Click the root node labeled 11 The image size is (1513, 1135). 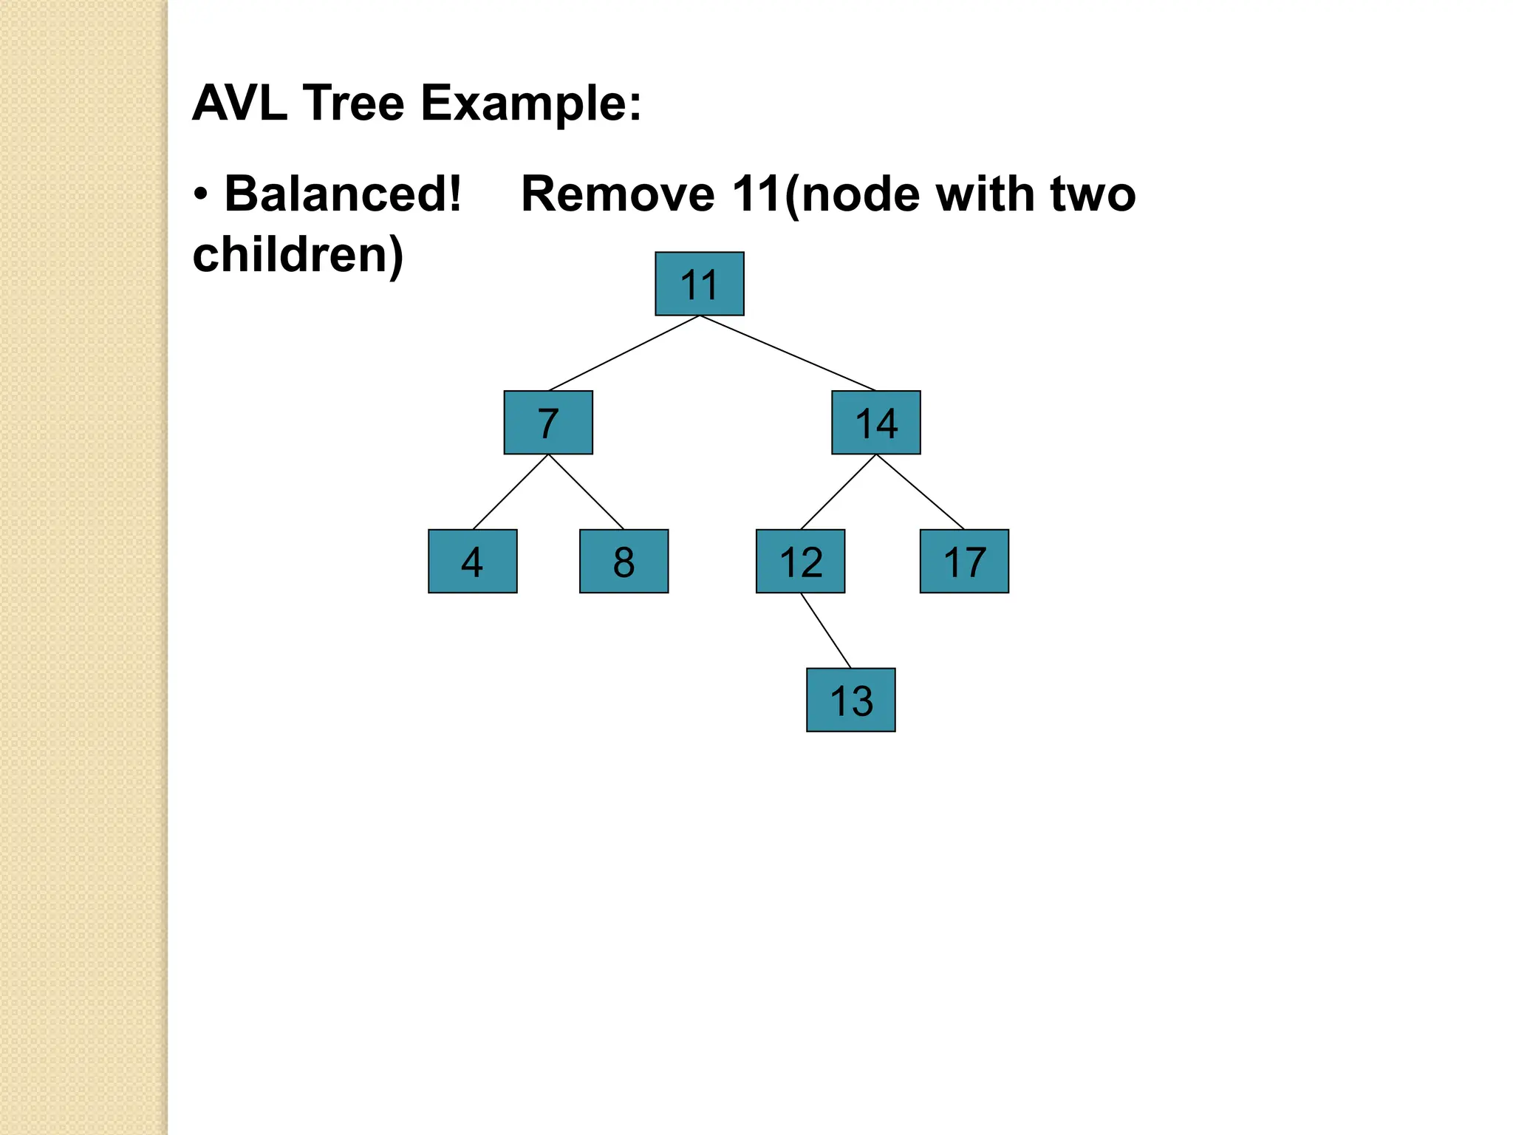[x=699, y=284]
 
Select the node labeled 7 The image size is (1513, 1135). [x=548, y=423]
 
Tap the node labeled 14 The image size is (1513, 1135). [x=875, y=423]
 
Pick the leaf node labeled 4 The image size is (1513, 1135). [x=473, y=561]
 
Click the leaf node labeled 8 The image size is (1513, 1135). [x=624, y=561]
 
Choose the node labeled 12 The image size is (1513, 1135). [x=800, y=561]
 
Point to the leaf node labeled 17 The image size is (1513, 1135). [x=964, y=561]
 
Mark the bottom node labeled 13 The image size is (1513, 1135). [x=850, y=700]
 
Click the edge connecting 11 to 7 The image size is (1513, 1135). [x=624, y=353]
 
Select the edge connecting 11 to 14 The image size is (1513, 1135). [x=788, y=353]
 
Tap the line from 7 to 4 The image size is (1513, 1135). [x=510, y=491]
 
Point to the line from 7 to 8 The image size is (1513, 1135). [x=586, y=491]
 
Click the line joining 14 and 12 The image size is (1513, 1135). [x=838, y=491]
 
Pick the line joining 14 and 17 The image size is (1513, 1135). [x=920, y=491]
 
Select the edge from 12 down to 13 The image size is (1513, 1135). [x=825, y=630]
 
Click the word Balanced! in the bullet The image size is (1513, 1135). [x=343, y=194]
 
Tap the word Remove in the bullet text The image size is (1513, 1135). [x=618, y=194]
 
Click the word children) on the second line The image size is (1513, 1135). [x=298, y=255]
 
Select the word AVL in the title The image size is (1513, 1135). [x=239, y=103]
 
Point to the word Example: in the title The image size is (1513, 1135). [x=531, y=103]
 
